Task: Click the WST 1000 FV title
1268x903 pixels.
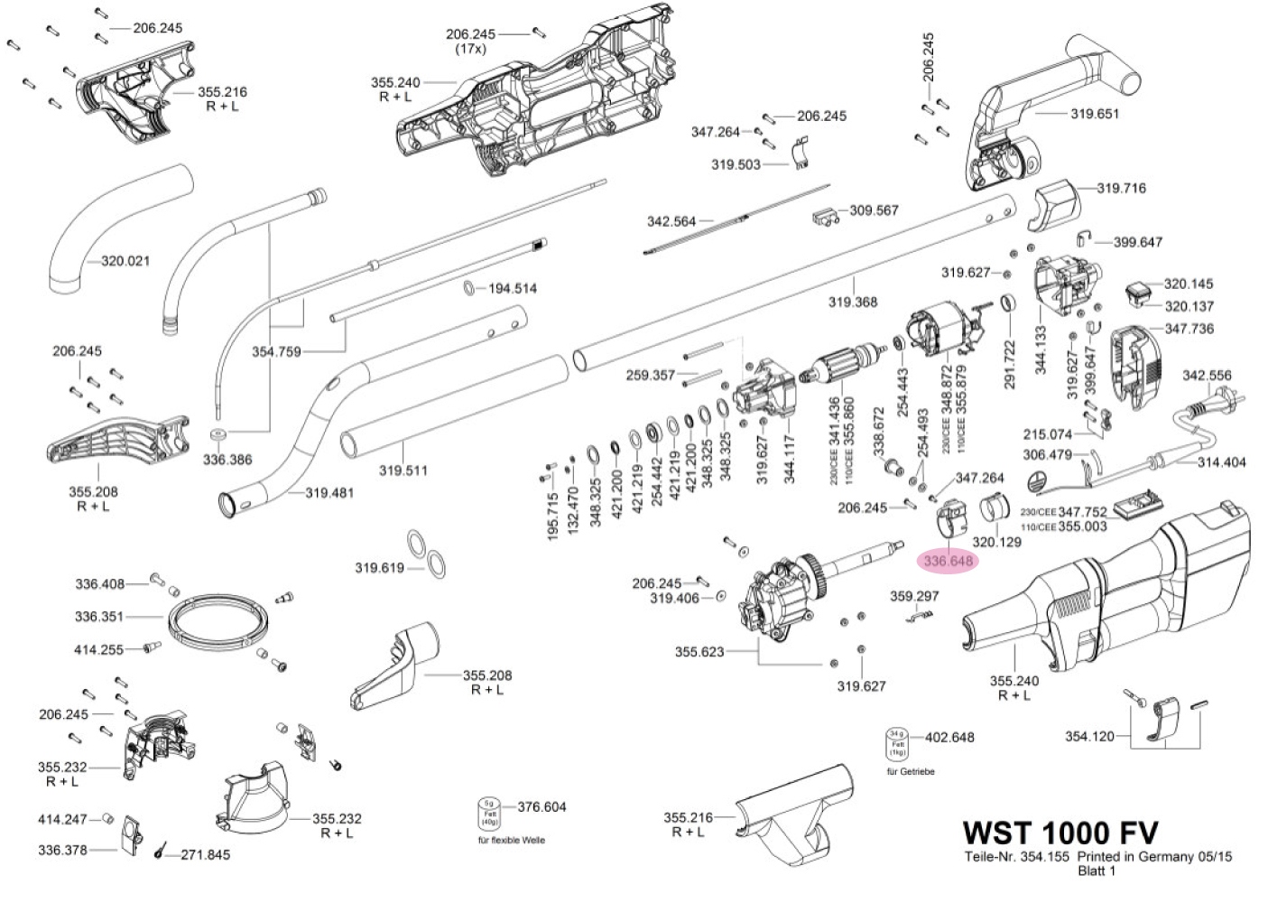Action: (1060, 832)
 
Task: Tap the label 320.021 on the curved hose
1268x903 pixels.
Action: (125, 261)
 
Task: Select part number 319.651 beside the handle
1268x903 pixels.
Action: (1095, 114)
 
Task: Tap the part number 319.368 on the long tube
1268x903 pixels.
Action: (853, 302)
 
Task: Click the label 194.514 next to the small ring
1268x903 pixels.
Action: (513, 289)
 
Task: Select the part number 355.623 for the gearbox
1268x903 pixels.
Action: (699, 651)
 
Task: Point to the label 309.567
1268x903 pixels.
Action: (874, 210)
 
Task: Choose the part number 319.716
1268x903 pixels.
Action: (1121, 189)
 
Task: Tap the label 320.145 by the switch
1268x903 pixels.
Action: (1189, 284)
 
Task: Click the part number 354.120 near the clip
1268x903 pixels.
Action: (1089, 736)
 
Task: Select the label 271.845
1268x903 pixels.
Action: (206, 854)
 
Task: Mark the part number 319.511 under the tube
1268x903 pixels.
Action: (403, 470)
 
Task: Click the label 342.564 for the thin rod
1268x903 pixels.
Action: (671, 221)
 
